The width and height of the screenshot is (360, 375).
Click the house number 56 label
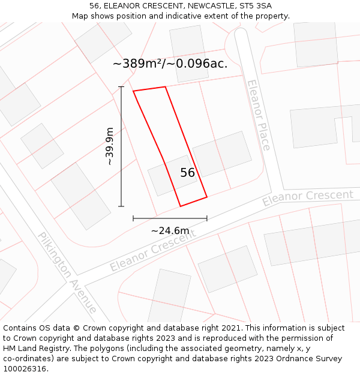coord(188,173)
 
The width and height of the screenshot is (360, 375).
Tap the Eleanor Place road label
coord(259,115)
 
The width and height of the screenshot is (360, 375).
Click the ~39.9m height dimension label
coord(109,146)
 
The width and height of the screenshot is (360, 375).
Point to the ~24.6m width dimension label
coord(170,230)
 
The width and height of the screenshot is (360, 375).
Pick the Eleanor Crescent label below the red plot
coord(152,250)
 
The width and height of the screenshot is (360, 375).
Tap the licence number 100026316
coord(26,369)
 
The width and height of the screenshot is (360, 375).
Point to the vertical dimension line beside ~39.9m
coord(121,146)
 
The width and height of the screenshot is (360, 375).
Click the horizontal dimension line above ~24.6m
coord(170,218)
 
